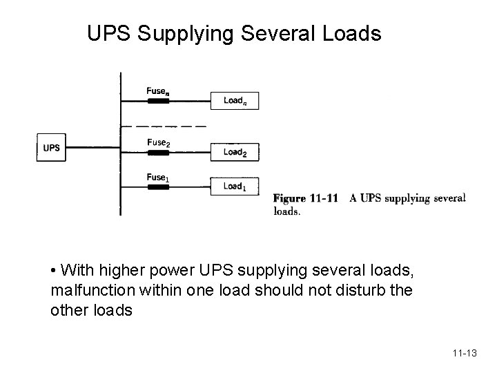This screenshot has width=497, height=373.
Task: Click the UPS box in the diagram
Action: point(51,147)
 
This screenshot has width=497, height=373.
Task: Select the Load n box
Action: point(234,101)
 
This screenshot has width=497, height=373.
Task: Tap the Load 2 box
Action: point(235,152)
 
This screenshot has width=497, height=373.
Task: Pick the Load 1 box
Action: point(235,186)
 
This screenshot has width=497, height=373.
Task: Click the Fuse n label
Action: point(157,90)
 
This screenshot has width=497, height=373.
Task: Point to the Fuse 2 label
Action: point(158,143)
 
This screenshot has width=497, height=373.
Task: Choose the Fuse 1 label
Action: point(157,178)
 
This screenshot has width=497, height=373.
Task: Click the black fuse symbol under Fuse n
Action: point(158,102)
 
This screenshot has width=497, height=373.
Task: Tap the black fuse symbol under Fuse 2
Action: point(158,152)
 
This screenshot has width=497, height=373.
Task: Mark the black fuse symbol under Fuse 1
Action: point(158,187)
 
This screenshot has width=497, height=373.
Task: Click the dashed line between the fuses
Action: point(164,127)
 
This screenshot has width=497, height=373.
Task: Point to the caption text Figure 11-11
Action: point(305,199)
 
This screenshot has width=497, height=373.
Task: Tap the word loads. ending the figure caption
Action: point(286,212)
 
